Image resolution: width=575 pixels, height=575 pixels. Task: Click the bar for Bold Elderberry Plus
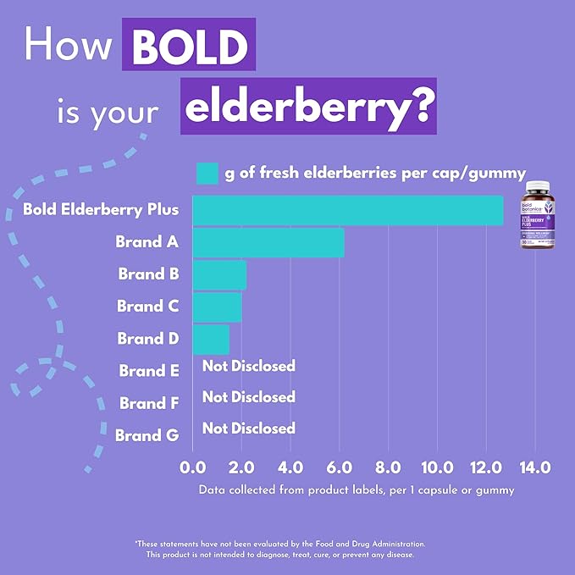347,210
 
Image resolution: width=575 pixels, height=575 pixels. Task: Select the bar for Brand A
268,242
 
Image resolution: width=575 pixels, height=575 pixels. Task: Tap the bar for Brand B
219,274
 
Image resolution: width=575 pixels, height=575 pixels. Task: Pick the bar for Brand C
217,307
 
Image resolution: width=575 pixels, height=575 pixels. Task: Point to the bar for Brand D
211,339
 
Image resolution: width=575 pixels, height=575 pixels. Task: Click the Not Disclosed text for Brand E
249,366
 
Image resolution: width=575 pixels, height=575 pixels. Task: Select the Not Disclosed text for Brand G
249,428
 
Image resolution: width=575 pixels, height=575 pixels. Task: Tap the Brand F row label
149,403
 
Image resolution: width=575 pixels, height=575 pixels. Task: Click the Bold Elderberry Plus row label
102,209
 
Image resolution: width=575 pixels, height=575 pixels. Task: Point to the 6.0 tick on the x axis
340,467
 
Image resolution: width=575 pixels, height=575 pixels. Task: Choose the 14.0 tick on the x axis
534,467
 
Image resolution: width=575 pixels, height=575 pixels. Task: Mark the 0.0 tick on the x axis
193,467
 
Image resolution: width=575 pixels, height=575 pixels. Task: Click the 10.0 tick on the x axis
437,467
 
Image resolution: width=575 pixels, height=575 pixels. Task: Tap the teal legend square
207,174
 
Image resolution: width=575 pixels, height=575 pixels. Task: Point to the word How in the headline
69,44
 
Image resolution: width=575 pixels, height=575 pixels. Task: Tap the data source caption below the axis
356,489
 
